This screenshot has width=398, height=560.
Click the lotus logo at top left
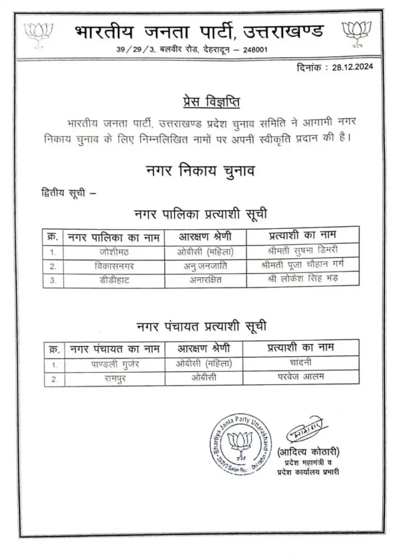[x=38, y=34]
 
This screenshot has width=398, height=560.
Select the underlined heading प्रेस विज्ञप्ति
[x=211, y=102]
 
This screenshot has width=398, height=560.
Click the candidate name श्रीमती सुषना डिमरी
[x=302, y=252]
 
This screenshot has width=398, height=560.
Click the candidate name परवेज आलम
[x=301, y=377]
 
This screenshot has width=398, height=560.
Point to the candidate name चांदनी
[x=301, y=363]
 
